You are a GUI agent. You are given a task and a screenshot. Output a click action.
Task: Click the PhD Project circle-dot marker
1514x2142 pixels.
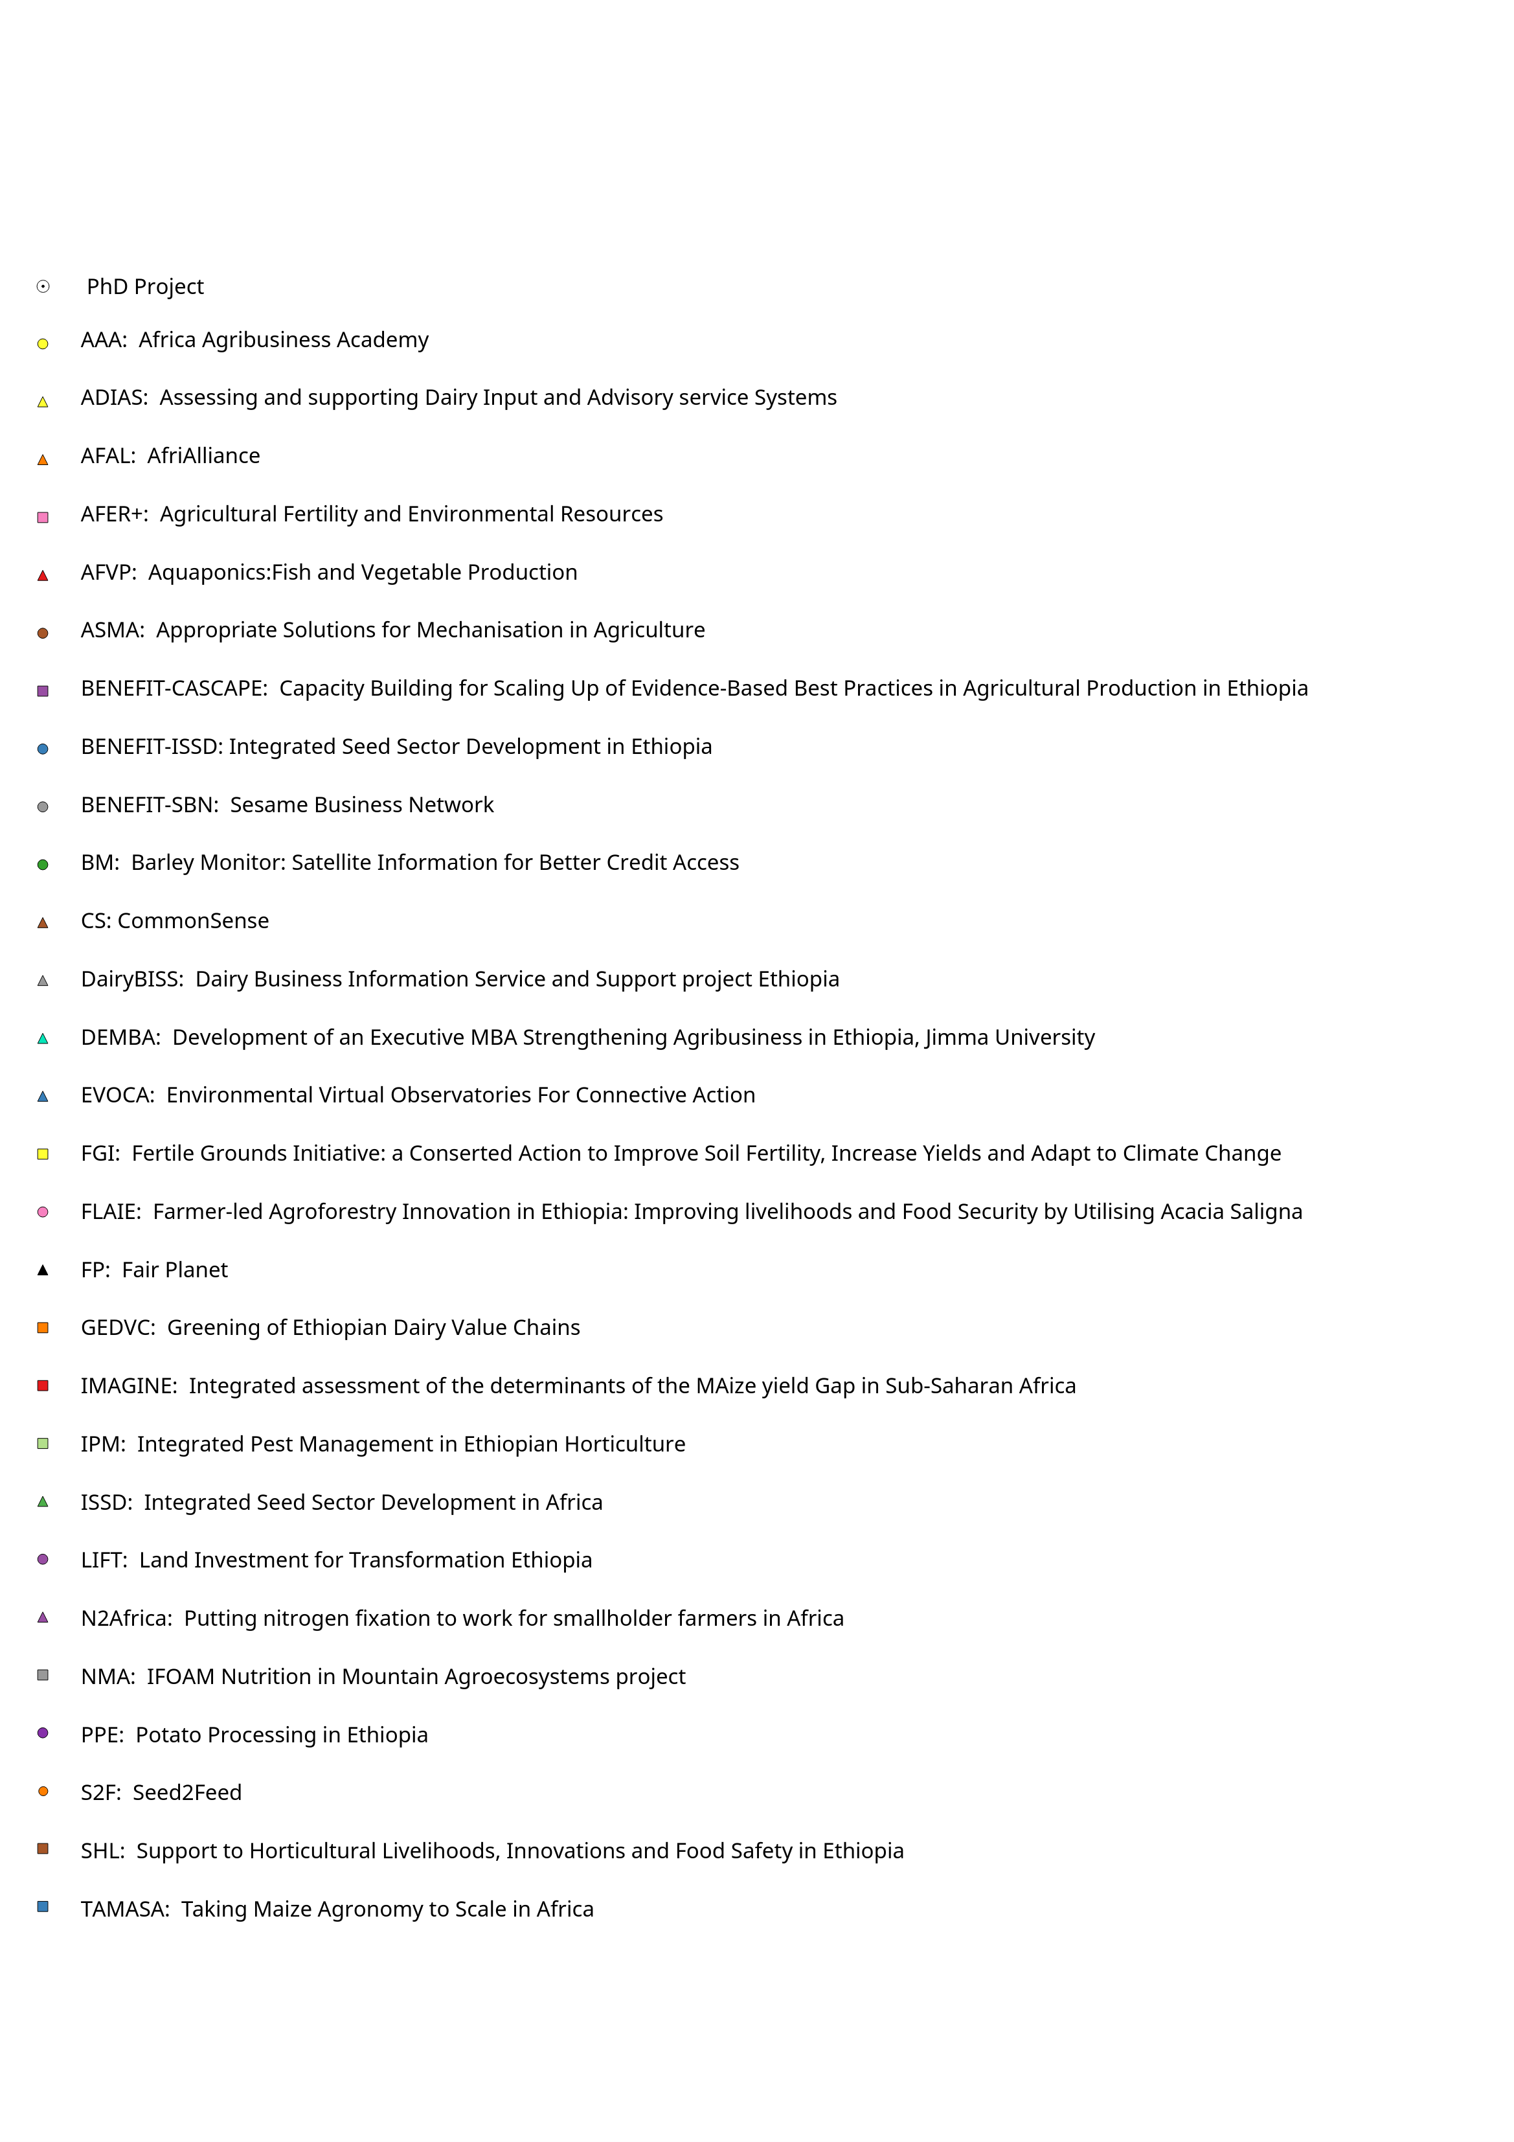point(43,286)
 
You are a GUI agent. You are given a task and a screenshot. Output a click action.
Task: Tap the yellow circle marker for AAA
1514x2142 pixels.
point(43,344)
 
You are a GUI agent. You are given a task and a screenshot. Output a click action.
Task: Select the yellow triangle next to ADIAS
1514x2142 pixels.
point(43,402)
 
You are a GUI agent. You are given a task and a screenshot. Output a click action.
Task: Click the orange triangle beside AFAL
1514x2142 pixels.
point(43,460)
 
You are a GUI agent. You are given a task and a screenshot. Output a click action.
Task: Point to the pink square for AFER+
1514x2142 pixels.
point(43,518)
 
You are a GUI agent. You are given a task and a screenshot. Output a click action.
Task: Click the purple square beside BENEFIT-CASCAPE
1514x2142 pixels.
point(43,691)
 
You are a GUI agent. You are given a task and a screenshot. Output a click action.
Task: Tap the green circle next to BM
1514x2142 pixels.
point(43,865)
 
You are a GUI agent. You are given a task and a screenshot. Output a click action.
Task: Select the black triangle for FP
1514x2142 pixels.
point(43,1270)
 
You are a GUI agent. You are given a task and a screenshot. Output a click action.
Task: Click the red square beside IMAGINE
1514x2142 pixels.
point(43,1385)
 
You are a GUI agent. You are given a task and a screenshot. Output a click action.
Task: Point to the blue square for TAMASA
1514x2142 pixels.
point(43,1907)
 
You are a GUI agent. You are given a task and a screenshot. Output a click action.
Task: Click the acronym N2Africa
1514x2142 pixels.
point(126,1619)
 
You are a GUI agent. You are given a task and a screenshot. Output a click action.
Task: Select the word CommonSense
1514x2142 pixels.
point(193,921)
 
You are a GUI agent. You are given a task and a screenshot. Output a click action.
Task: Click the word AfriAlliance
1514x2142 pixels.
point(203,456)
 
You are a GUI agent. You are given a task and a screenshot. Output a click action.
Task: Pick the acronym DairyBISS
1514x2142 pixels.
point(131,979)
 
